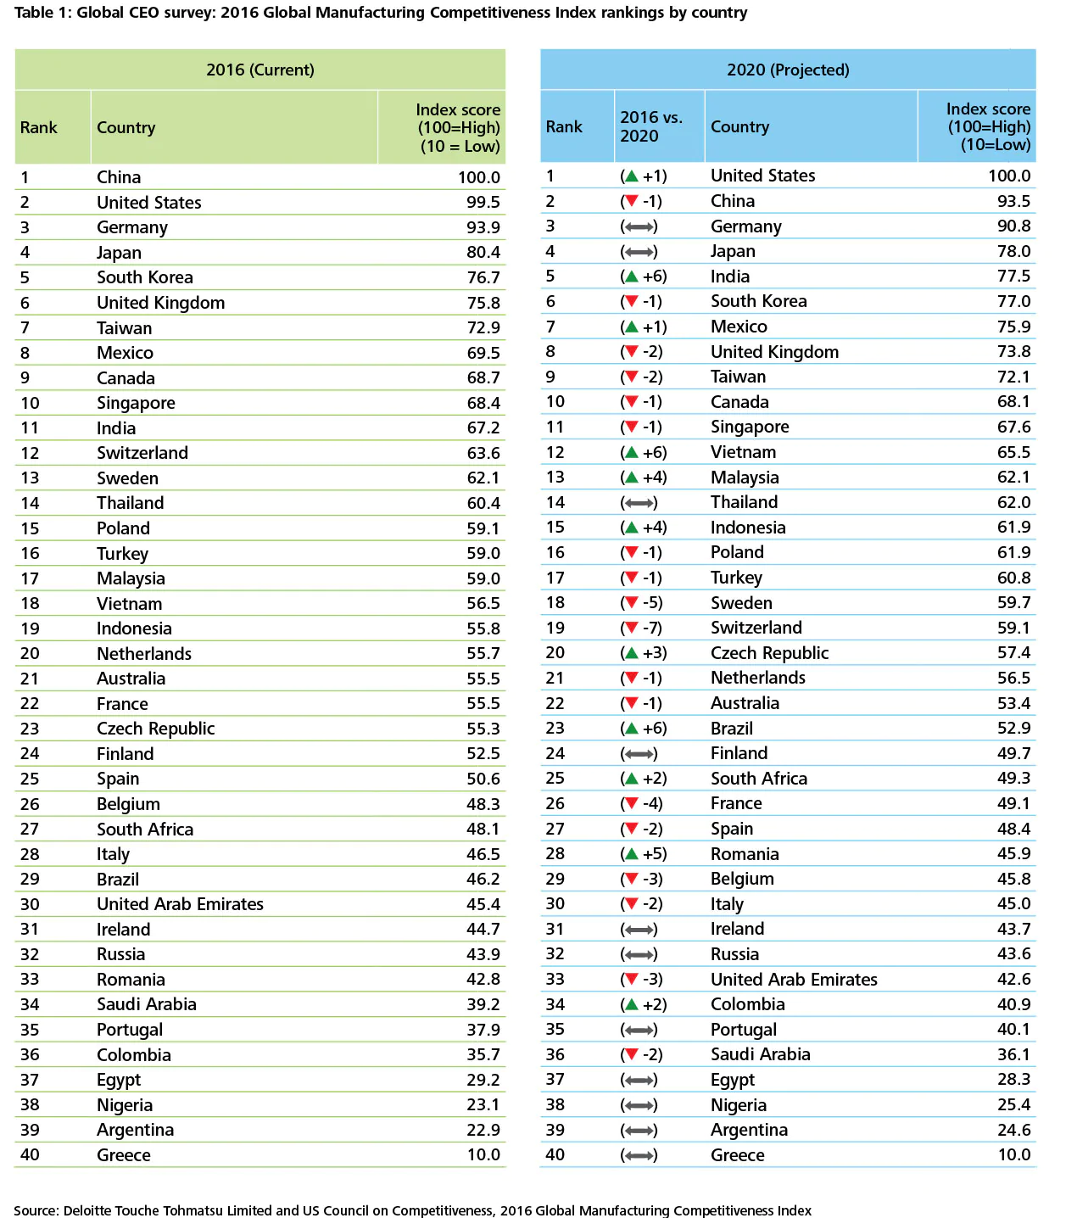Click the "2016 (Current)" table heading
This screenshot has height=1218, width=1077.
pos(259,70)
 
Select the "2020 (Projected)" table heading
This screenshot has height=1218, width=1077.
pos(788,70)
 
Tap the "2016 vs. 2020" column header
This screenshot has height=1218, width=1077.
pos(651,126)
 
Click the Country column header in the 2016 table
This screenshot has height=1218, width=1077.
pos(126,127)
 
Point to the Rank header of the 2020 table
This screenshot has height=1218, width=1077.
pos(564,126)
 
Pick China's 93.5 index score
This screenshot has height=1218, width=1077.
pos(1013,201)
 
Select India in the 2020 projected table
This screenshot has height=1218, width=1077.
pos(730,277)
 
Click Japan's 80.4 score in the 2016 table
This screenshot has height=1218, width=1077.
pos(483,252)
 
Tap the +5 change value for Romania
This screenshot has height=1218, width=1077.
pos(654,854)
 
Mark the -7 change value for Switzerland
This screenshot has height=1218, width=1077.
pos(652,628)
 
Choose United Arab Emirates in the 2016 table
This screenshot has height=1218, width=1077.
pos(180,904)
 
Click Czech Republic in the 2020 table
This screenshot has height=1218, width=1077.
pos(769,653)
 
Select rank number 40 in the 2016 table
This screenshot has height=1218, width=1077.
pos(30,1154)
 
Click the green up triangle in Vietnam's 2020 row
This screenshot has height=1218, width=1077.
pos(630,452)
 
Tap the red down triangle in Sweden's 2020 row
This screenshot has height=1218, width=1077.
pos(630,603)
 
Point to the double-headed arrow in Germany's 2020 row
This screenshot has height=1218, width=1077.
pos(639,226)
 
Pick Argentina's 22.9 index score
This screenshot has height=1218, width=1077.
pos(483,1130)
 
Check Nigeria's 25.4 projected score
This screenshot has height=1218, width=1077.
pos(1013,1104)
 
